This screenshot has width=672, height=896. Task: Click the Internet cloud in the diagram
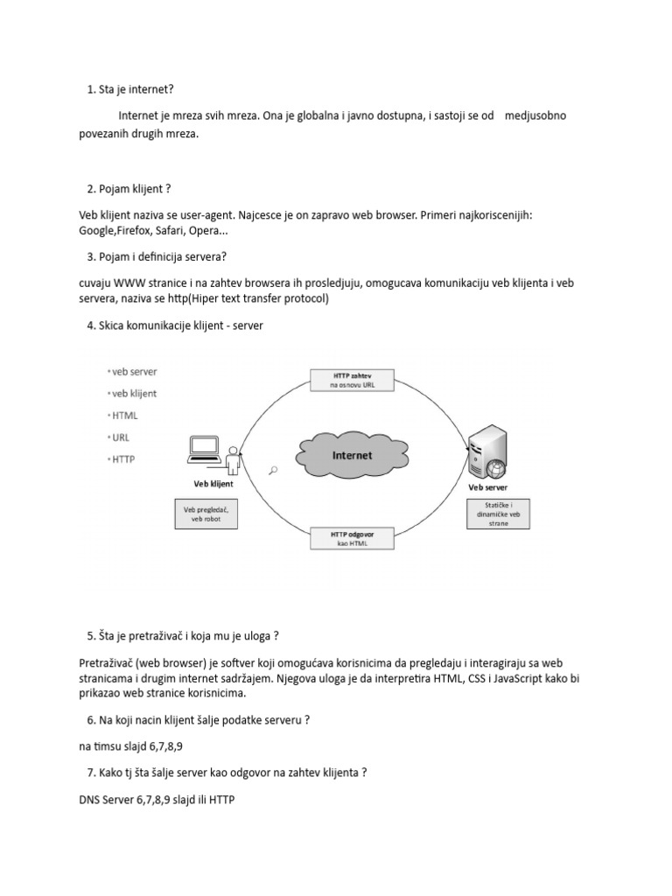point(352,455)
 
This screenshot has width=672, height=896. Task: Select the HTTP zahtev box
point(352,379)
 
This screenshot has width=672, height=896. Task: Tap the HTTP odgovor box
point(352,537)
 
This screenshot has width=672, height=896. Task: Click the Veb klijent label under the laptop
point(213,482)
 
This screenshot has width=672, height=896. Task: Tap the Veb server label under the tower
point(488,486)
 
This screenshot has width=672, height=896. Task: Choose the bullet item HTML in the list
point(125,416)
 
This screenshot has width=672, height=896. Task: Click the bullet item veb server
point(134,372)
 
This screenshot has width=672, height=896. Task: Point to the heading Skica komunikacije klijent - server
point(174,325)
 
